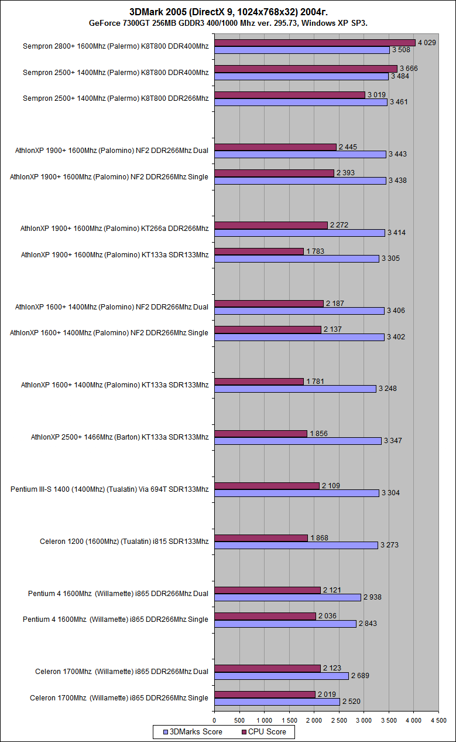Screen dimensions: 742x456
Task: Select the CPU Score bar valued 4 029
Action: coord(315,43)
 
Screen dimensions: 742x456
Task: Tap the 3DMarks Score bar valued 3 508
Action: coord(302,50)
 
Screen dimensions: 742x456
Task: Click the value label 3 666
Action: coord(409,69)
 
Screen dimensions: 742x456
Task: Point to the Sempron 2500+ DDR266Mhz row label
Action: coord(115,98)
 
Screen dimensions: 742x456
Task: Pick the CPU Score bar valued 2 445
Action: coord(276,147)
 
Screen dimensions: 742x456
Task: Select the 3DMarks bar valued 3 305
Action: coord(297,258)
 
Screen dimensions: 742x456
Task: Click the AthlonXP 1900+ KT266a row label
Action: coord(114,229)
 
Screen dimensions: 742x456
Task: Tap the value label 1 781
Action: coord(316,382)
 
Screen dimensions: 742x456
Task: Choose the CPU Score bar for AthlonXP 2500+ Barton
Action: coord(261,434)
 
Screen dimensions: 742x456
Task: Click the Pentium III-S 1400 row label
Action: coord(109,489)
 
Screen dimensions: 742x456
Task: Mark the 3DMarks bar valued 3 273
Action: coord(296,545)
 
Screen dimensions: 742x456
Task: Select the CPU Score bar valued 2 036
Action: coord(265,616)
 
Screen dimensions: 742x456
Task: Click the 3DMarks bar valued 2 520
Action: coord(277,702)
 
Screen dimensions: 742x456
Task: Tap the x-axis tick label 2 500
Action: coord(338,720)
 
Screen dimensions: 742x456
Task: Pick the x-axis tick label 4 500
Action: coord(438,720)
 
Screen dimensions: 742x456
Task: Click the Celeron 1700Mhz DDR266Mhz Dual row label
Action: coord(121,672)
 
